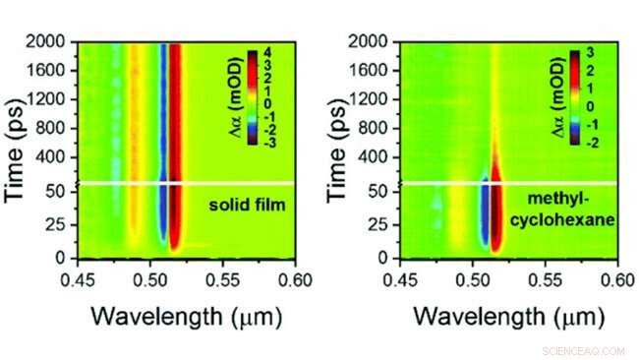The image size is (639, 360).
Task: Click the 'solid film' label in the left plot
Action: coord(246,205)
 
